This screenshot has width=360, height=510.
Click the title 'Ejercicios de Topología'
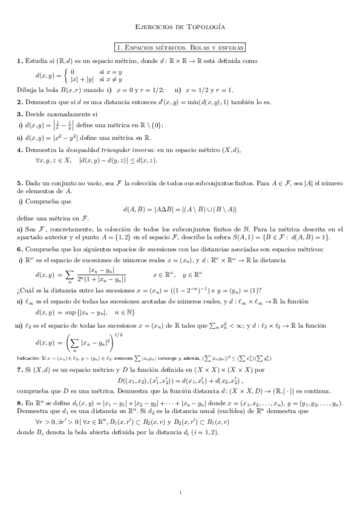pyautogui.click(x=180, y=28)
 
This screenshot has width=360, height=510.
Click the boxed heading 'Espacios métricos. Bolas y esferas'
pyautogui.click(x=180, y=47)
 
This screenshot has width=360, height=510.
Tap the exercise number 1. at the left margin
pyautogui.click(x=20, y=61)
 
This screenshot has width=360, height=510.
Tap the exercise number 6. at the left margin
pyautogui.click(x=20, y=248)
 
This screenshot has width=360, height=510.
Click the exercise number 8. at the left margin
pyautogui.click(x=20, y=400)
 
